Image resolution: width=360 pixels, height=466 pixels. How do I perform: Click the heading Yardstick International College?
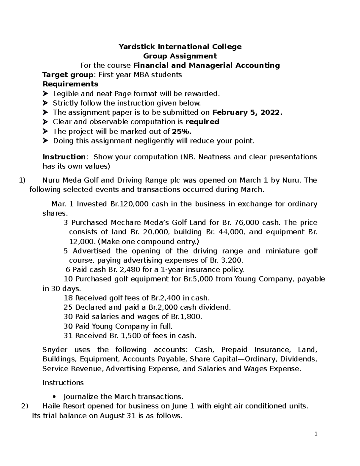[x=180, y=47]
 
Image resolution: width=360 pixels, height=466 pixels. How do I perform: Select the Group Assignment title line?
[x=180, y=56]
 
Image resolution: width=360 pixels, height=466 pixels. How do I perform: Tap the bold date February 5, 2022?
[x=247, y=113]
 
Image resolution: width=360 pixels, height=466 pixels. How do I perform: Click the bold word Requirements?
[x=70, y=84]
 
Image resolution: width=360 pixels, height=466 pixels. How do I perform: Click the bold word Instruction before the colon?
[x=64, y=157]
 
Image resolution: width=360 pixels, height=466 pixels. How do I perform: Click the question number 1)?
[x=22, y=180]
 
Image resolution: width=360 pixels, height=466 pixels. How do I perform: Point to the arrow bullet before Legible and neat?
[x=45, y=94]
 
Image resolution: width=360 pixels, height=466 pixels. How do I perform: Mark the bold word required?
[x=202, y=122]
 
